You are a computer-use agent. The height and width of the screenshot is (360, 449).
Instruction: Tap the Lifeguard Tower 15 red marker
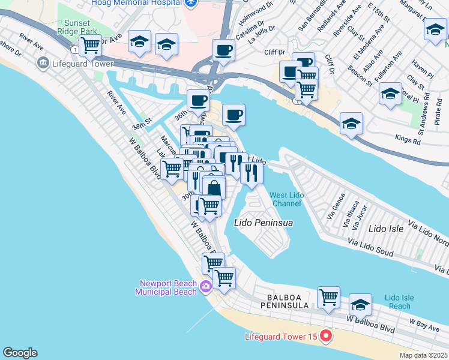tap(327, 336)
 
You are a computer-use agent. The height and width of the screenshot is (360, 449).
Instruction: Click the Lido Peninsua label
tap(263, 223)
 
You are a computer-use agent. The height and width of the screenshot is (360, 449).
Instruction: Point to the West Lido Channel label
tap(285, 199)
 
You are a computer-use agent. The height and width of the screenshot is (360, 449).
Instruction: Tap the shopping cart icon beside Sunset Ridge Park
tap(91, 44)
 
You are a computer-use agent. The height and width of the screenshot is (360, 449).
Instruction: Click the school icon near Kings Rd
tap(351, 123)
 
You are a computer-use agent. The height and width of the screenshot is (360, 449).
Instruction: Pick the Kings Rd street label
tap(408, 140)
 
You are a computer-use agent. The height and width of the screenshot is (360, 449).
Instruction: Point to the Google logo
tap(20, 353)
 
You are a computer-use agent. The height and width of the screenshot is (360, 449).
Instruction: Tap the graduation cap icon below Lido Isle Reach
tap(360, 305)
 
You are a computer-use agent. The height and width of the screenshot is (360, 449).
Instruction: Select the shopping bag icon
tap(214, 188)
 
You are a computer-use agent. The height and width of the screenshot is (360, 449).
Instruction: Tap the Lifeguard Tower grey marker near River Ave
tap(43, 62)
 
